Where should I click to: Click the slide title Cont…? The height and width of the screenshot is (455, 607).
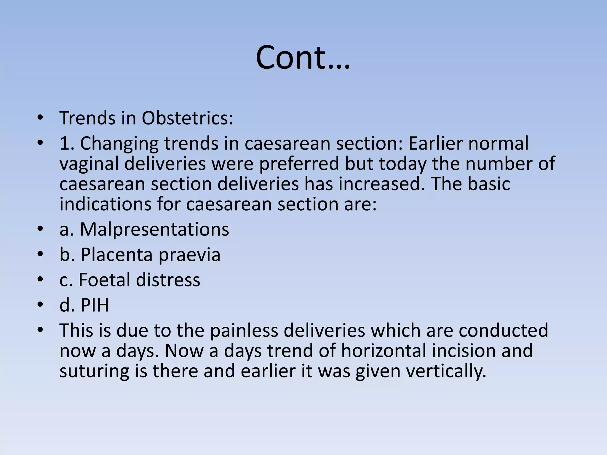coord(303,57)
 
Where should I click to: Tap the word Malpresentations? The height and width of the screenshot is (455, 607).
coord(154,229)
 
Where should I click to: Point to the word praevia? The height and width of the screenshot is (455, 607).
coord(189,254)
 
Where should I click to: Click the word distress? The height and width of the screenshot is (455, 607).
coord(168,280)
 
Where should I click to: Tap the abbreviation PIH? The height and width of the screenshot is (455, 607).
coord(95,305)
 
